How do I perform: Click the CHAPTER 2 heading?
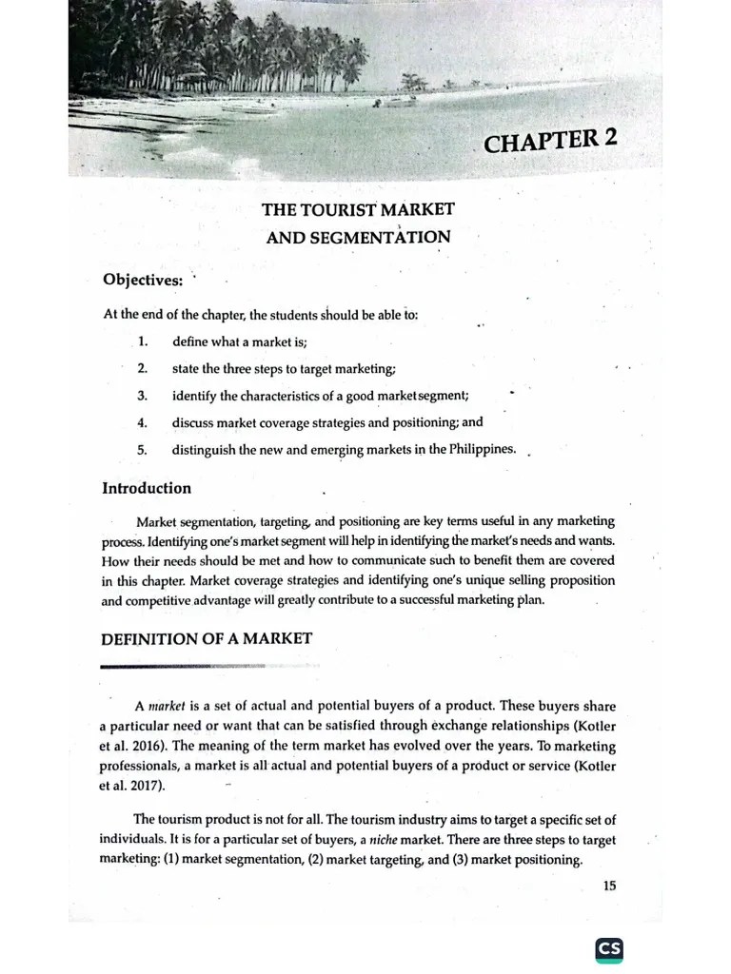pyautogui.click(x=550, y=141)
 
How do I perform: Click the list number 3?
pyautogui.click(x=142, y=396)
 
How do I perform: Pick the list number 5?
pyautogui.click(x=142, y=450)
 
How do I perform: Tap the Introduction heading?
pyautogui.click(x=147, y=488)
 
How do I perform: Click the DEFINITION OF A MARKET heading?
pyautogui.click(x=207, y=638)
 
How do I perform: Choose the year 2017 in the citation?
pyautogui.click(x=146, y=786)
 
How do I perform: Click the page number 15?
pyautogui.click(x=609, y=886)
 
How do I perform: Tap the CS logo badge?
pyautogui.click(x=609, y=948)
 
